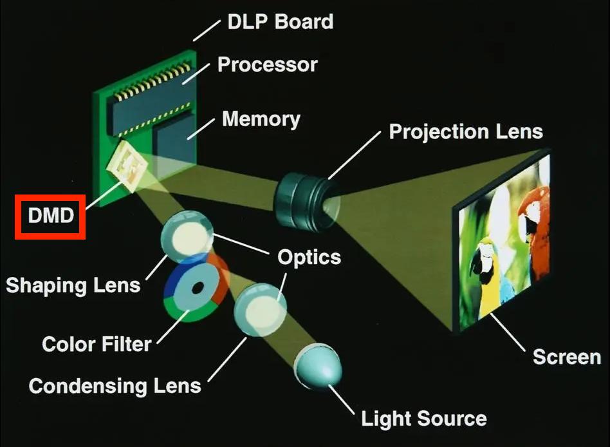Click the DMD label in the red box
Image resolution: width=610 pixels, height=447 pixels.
point(51,216)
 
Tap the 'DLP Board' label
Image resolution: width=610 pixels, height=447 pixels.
point(280,21)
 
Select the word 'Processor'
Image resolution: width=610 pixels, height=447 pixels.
point(267,64)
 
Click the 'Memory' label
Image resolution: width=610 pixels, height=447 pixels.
point(261,119)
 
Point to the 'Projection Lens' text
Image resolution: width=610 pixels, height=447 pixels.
point(465,131)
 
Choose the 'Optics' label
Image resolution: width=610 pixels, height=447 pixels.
point(309,257)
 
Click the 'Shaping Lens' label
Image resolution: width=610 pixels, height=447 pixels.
point(73,284)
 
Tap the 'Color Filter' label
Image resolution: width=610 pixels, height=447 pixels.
point(97,343)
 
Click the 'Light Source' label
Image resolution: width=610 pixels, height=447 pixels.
point(423,419)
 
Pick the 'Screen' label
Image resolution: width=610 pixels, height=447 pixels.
point(566,356)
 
